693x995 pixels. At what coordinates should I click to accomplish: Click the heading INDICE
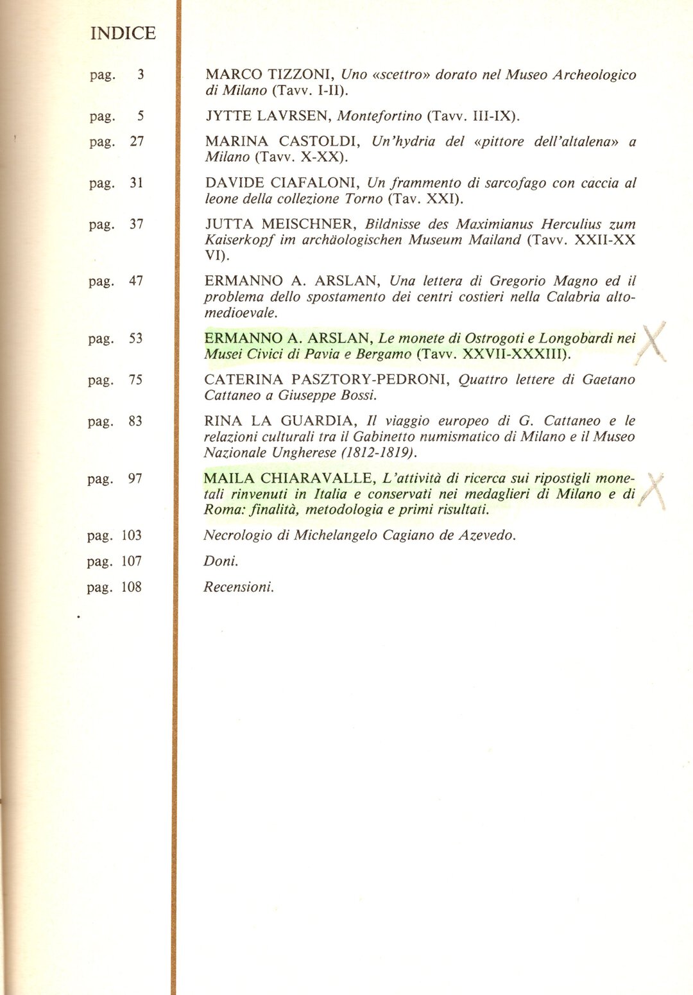point(123,33)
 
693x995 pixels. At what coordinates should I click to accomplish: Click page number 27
point(137,141)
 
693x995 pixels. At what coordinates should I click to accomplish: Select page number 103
point(132,535)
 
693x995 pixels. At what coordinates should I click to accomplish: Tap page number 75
point(135,380)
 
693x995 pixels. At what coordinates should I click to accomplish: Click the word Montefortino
point(380,116)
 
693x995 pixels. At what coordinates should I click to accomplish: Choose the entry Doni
point(220,561)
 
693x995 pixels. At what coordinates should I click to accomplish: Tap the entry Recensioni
point(238,587)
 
